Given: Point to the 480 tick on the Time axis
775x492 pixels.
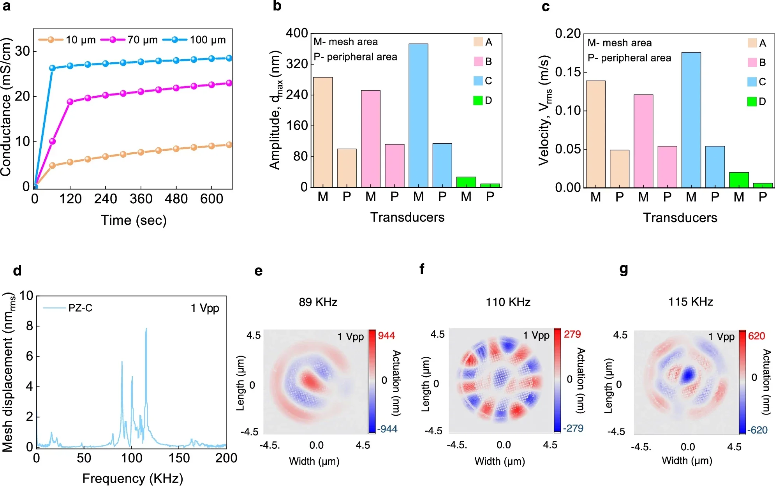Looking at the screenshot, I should pyautogui.click(x=176, y=199).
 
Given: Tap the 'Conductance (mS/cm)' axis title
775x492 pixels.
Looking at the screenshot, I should pyautogui.click(x=6, y=107).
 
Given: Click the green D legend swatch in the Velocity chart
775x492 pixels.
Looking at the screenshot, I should pyautogui.click(x=752, y=102).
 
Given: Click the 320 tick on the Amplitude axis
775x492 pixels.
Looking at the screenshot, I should pyautogui.click(x=297, y=63).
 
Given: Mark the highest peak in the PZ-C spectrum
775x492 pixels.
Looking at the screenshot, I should pyautogui.click(x=146, y=329).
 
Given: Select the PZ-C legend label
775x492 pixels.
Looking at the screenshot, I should pyautogui.click(x=80, y=308).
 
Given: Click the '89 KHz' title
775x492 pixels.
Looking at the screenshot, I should pyautogui.click(x=318, y=302).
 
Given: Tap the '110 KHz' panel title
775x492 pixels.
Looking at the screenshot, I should pyautogui.click(x=508, y=302).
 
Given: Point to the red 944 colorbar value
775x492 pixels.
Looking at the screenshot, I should pyautogui.click(x=386, y=336).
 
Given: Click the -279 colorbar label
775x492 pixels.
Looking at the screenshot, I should pyautogui.click(x=573, y=429).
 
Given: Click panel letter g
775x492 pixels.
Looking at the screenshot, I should pyautogui.click(x=624, y=270).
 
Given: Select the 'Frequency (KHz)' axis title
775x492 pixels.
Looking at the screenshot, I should pyautogui.click(x=132, y=478).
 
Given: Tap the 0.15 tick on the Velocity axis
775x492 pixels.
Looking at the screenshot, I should pyautogui.click(x=568, y=72).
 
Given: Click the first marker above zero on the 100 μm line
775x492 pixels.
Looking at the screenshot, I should pyautogui.click(x=53, y=68).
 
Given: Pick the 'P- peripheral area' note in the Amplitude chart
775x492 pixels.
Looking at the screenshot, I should pyautogui.click(x=355, y=57).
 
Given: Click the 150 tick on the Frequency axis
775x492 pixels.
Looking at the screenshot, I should pyautogui.click(x=179, y=458).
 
